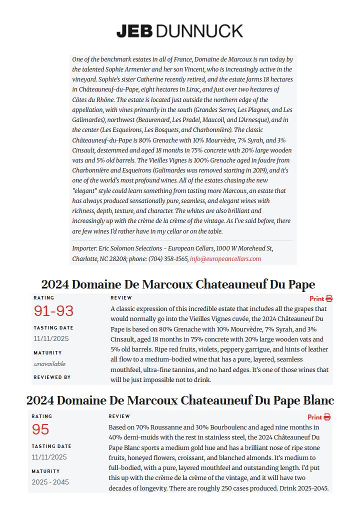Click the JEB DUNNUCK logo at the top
[x=179, y=31]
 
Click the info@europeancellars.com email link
[x=225, y=259]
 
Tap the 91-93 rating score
[x=53, y=311]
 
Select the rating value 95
[x=40, y=429]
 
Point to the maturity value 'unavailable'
[x=49, y=364]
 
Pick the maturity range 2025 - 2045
[x=50, y=482]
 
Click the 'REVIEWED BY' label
[x=52, y=377]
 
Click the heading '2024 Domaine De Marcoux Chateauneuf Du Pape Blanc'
[x=180, y=400]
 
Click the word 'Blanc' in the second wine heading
[x=318, y=400]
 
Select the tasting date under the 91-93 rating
[x=51, y=338]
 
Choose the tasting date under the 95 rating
[x=49, y=457]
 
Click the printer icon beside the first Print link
[x=329, y=298]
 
